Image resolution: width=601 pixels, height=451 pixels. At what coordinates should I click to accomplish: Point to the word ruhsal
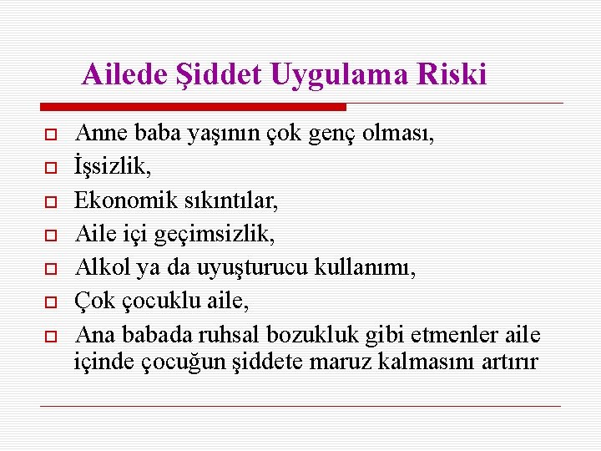pos(231,336)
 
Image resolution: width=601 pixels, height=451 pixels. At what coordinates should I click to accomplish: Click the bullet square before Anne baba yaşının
pos(50,134)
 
